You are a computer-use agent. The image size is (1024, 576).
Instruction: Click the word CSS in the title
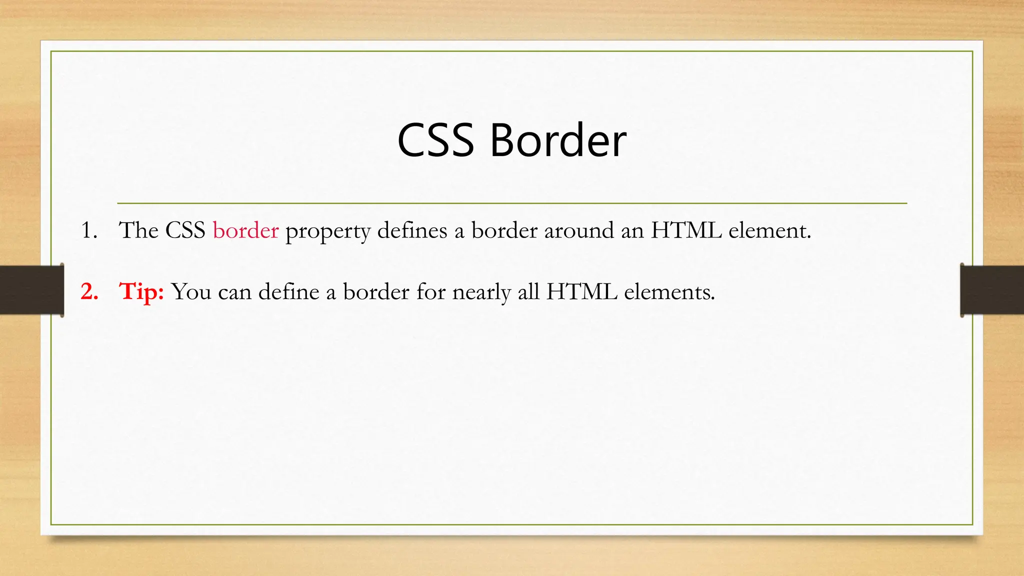tap(435, 140)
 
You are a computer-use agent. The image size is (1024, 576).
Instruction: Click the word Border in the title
tap(558, 140)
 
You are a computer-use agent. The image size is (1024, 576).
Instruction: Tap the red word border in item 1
tap(245, 230)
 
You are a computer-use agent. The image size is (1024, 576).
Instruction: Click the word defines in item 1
tap(412, 230)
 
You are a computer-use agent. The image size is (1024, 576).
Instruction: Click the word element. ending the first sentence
tap(769, 230)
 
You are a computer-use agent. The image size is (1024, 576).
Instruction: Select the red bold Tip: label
tap(141, 291)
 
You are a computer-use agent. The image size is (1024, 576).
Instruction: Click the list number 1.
tap(89, 230)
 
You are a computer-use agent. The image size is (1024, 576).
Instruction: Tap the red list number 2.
tap(89, 291)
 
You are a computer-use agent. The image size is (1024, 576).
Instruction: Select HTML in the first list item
tap(686, 230)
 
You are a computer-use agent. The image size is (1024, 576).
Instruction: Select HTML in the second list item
tap(581, 291)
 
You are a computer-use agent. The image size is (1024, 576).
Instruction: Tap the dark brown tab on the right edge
tap(992, 290)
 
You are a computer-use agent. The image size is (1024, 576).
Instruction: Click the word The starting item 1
tap(138, 230)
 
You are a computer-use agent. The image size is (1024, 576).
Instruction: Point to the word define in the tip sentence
tap(288, 291)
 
